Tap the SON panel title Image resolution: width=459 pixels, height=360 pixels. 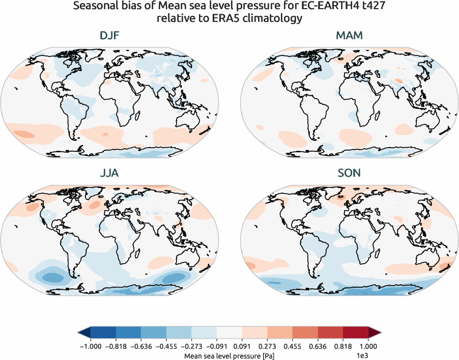(349, 173)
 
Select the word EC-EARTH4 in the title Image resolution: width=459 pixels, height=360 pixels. (322, 7)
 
